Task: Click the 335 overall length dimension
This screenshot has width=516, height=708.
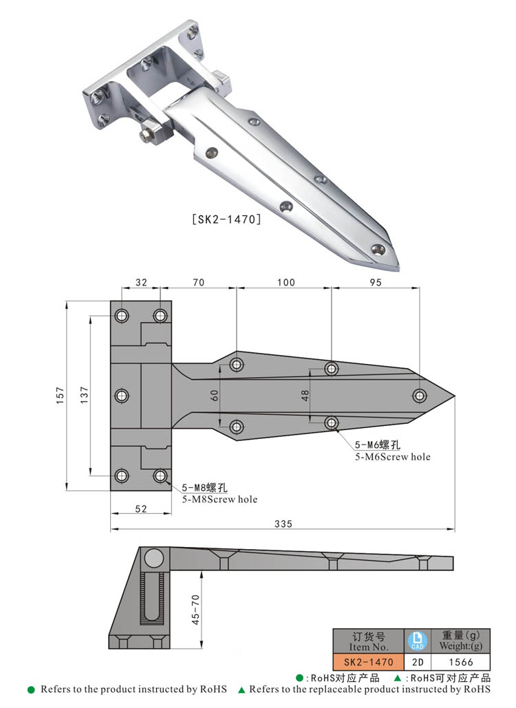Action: coord(283,524)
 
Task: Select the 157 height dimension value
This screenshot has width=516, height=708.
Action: coord(60,394)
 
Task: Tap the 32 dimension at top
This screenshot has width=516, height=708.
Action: coord(141,282)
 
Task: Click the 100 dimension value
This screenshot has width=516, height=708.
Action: coord(285,282)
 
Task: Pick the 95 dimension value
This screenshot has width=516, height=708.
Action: coord(375,282)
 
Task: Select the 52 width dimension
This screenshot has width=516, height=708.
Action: coord(141,508)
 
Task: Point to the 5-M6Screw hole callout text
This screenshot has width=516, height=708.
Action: coord(392,456)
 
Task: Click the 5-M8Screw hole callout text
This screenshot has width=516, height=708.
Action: coord(219,499)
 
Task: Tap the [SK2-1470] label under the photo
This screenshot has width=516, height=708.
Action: coord(224,220)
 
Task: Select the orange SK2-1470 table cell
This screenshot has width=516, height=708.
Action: coord(368,662)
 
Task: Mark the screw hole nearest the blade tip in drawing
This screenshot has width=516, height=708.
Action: coord(420,395)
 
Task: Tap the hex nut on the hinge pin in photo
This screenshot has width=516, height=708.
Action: coord(147,136)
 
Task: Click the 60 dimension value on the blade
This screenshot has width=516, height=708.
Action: coord(215,395)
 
